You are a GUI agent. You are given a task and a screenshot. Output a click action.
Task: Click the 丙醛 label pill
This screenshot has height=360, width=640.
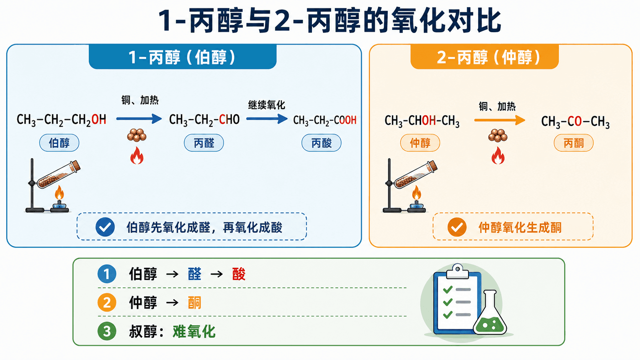click(x=204, y=143)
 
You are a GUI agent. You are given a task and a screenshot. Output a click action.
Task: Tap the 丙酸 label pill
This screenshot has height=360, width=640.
click(x=322, y=143)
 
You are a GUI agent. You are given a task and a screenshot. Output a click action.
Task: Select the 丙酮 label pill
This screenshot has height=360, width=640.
click(x=573, y=143)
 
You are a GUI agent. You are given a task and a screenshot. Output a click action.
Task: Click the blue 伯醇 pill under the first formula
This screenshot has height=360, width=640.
click(x=59, y=143)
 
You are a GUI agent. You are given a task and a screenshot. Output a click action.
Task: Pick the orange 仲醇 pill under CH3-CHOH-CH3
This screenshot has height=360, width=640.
click(x=420, y=143)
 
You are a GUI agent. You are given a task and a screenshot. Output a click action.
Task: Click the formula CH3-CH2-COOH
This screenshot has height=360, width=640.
click(x=325, y=120)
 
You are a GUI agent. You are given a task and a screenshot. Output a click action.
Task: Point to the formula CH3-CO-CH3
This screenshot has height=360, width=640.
click(x=575, y=122)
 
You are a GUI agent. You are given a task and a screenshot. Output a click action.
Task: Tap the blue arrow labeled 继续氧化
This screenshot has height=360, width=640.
click(x=267, y=119)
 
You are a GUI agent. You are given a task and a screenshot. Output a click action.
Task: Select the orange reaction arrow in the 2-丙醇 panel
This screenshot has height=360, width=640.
click(x=500, y=120)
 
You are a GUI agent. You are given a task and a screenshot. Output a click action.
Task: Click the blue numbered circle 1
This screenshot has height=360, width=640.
click(x=107, y=274)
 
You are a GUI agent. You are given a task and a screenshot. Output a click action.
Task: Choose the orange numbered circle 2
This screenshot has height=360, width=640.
click(x=107, y=302)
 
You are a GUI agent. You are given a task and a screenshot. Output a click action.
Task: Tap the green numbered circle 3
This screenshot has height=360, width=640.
click(x=107, y=331)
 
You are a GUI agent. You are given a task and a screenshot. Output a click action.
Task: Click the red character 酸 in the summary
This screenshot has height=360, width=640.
click(x=239, y=274)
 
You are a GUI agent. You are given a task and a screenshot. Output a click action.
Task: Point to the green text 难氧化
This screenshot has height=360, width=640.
click(x=194, y=331)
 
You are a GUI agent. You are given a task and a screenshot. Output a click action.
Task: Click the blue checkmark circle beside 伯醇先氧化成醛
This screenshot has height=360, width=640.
click(x=105, y=227)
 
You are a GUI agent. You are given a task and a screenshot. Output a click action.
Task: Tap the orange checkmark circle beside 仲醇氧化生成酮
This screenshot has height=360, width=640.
click(x=457, y=227)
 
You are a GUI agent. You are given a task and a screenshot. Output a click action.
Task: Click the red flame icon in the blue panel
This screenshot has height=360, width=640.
click(x=137, y=156)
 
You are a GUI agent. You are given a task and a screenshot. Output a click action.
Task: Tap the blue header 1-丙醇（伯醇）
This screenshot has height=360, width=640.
click(x=183, y=57)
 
